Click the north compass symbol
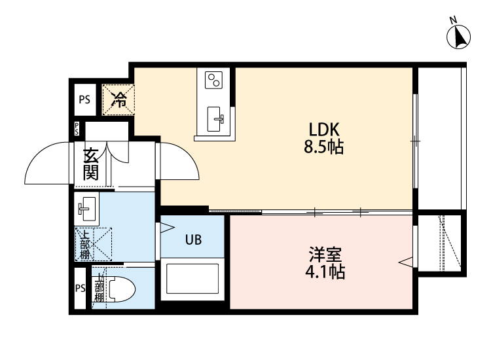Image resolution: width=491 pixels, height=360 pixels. click(x=459, y=36)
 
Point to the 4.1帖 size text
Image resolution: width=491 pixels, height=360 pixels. click(x=324, y=271)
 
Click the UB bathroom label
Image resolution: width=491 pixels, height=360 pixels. click(x=192, y=239)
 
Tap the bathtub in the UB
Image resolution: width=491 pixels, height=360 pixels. click(x=192, y=278)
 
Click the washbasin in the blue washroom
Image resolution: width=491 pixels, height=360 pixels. click(x=86, y=209)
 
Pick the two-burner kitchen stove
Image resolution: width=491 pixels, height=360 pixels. click(x=215, y=80)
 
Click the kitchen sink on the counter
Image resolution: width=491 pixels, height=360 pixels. click(x=217, y=118)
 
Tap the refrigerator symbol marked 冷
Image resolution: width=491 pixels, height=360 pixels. click(x=119, y=99)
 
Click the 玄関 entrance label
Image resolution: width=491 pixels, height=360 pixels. click(x=90, y=165)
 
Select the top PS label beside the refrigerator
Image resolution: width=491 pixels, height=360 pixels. click(x=84, y=99)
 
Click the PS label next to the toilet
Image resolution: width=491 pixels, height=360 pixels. click(x=80, y=289)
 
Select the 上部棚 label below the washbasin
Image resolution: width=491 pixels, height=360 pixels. click(x=84, y=243)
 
